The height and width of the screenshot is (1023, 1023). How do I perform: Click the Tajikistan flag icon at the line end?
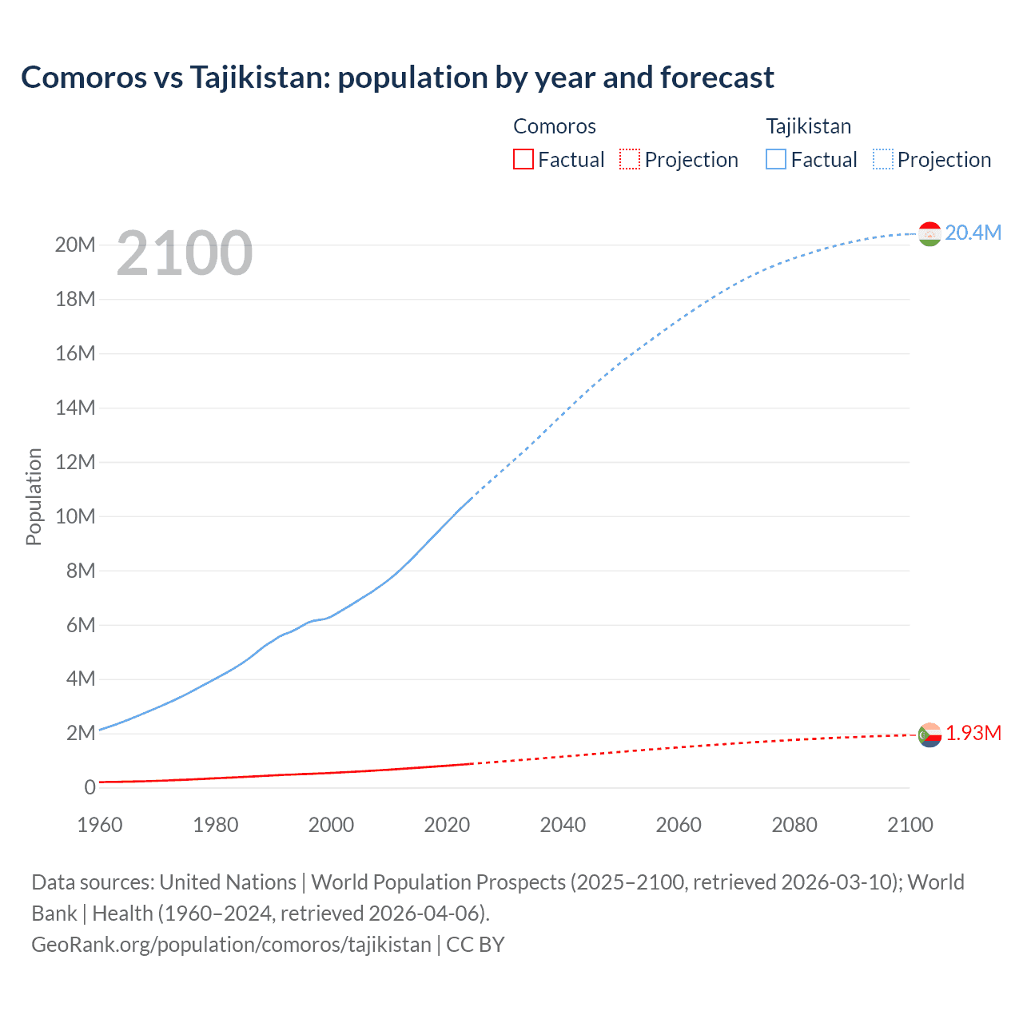click(929, 233)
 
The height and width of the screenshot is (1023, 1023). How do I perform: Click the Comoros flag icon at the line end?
click(929, 734)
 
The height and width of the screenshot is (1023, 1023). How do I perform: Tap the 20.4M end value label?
click(973, 233)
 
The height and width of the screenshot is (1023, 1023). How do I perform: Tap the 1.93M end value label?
click(973, 733)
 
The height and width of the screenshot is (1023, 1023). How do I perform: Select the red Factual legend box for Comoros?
click(523, 159)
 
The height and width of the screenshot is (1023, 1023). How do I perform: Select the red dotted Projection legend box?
click(630, 159)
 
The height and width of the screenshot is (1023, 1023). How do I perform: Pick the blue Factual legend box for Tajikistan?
click(776, 159)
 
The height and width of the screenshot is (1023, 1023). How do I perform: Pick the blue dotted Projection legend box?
click(883, 159)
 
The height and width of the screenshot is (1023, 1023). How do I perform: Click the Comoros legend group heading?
click(554, 126)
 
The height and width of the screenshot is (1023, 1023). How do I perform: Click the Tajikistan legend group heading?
click(808, 126)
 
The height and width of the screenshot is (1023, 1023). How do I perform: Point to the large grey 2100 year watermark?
click(185, 253)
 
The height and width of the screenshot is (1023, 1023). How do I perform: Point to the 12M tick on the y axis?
click(75, 462)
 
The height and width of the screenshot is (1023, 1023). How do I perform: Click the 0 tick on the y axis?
click(90, 787)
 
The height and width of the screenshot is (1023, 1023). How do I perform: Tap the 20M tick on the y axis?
click(75, 245)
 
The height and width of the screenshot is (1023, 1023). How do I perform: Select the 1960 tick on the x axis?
click(100, 825)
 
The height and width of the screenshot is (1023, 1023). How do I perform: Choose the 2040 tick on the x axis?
click(563, 825)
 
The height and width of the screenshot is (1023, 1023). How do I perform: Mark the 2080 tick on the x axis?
click(794, 825)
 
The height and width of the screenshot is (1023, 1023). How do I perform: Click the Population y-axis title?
click(34, 496)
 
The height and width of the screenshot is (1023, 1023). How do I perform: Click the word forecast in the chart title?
click(717, 78)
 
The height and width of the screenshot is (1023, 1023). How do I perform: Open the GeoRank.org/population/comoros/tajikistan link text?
click(231, 944)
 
